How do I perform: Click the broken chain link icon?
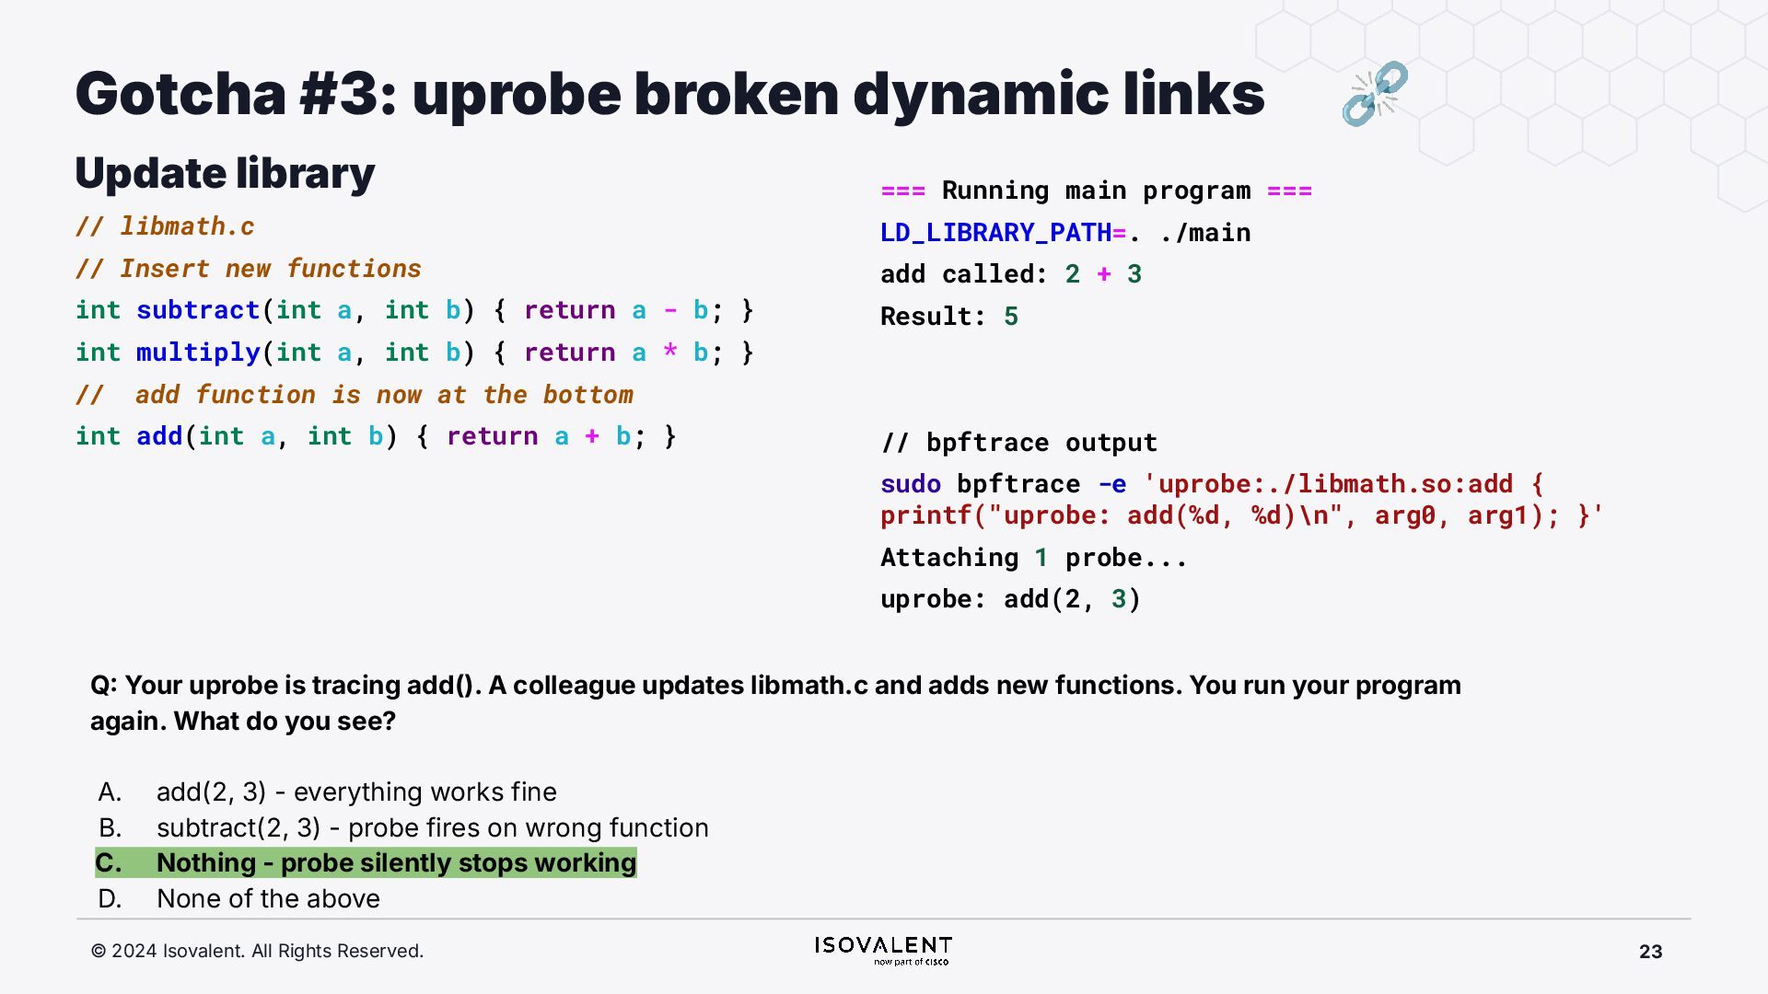pyautogui.click(x=1374, y=93)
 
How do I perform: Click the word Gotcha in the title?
pyautogui.click(x=180, y=94)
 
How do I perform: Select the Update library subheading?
pyautogui.click(x=225, y=173)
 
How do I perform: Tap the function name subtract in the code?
pyautogui.click(x=198, y=310)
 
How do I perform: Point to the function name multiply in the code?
pyautogui.click(x=198, y=353)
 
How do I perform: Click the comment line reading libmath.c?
pyautogui.click(x=166, y=226)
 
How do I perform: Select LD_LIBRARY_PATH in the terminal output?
pyautogui.click(x=995, y=233)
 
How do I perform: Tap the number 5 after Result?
pyautogui.click(x=1011, y=317)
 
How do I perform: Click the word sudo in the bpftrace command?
pyautogui.click(x=911, y=484)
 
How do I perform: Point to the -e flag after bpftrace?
pyautogui.click(x=1112, y=484)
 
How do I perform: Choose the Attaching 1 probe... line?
pyautogui.click(x=1033, y=558)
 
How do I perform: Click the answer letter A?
pyautogui.click(x=110, y=792)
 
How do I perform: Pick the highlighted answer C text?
pyautogui.click(x=396, y=863)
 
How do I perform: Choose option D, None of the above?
pyautogui.click(x=267, y=898)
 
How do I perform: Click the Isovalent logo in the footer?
pyautogui.click(x=883, y=950)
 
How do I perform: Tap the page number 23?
pyautogui.click(x=1650, y=952)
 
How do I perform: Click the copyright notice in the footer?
pyautogui.click(x=257, y=951)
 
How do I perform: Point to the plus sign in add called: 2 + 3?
pyautogui.click(x=1104, y=274)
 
